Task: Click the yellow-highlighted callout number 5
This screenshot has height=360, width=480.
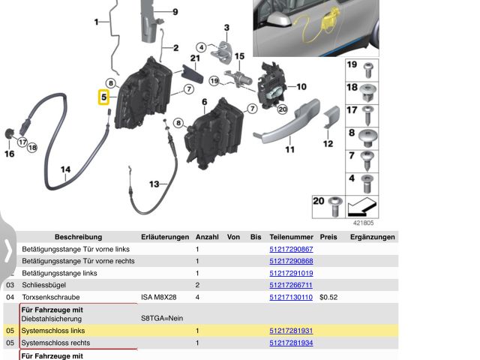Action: click(x=103, y=97)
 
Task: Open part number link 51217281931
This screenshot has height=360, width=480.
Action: click(x=291, y=331)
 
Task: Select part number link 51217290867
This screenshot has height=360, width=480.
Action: click(x=291, y=249)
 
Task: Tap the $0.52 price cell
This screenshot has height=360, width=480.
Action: click(x=328, y=297)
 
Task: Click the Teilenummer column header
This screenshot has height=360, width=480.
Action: click(x=291, y=237)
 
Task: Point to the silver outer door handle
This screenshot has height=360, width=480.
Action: click(x=286, y=121)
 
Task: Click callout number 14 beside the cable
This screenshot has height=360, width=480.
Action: click(x=65, y=169)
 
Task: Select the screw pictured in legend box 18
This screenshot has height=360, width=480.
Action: click(x=368, y=92)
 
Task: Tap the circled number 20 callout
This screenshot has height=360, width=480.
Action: click(x=282, y=109)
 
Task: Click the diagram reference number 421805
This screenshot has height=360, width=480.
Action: click(x=363, y=223)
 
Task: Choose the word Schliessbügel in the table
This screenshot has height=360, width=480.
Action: click(x=43, y=285)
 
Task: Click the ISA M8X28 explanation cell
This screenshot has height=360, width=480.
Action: click(x=158, y=297)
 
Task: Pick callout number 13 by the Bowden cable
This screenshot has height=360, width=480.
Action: click(x=154, y=184)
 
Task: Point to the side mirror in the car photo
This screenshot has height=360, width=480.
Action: click(x=278, y=20)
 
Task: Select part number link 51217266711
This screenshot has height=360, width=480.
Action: click(x=291, y=285)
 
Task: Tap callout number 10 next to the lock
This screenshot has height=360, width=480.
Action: click(x=301, y=87)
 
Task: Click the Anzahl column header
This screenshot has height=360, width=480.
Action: click(x=207, y=237)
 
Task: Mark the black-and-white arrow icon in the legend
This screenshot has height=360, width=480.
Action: click(x=362, y=207)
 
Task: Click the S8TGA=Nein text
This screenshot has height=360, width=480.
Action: click(x=162, y=318)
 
